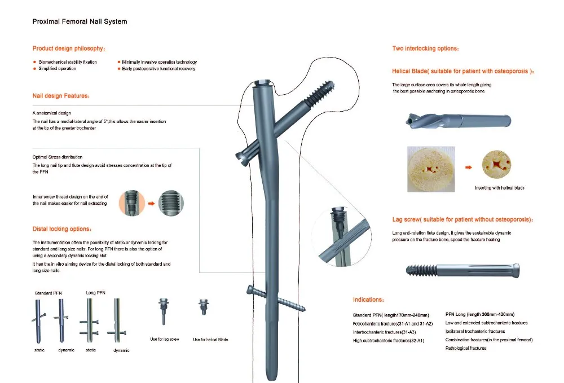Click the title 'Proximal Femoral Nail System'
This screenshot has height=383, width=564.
coord(79,21)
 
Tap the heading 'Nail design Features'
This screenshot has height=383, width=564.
coord(61,96)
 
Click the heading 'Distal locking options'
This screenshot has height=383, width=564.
coord(61,229)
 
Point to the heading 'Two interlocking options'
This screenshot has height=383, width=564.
coord(425,49)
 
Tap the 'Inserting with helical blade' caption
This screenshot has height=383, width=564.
coord(499,188)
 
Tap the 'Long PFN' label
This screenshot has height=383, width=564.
coord(95,293)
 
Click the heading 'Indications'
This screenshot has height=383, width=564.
coord(369,300)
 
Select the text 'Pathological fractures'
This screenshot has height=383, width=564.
coord(466,348)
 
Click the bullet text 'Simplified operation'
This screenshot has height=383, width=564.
coord(57,69)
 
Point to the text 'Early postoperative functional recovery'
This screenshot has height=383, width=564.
coord(158,69)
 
